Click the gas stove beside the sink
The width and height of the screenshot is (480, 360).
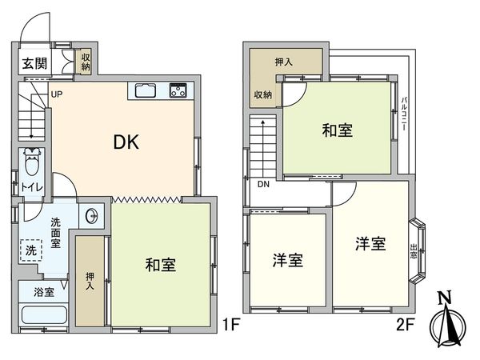(x=177, y=90)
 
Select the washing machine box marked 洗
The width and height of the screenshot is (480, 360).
(x=29, y=249)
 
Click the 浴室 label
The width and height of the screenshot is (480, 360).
(x=45, y=291)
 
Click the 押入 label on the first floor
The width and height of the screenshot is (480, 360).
(x=90, y=280)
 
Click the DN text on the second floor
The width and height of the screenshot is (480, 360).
(x=262, y=186)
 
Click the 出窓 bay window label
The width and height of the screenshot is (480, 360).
(x=414, y=251)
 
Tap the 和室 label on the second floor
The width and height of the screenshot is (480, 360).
(x=337, y=130)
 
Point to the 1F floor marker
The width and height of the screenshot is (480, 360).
(x=230, y=325)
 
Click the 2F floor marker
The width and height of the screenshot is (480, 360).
(x=405, y=325)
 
